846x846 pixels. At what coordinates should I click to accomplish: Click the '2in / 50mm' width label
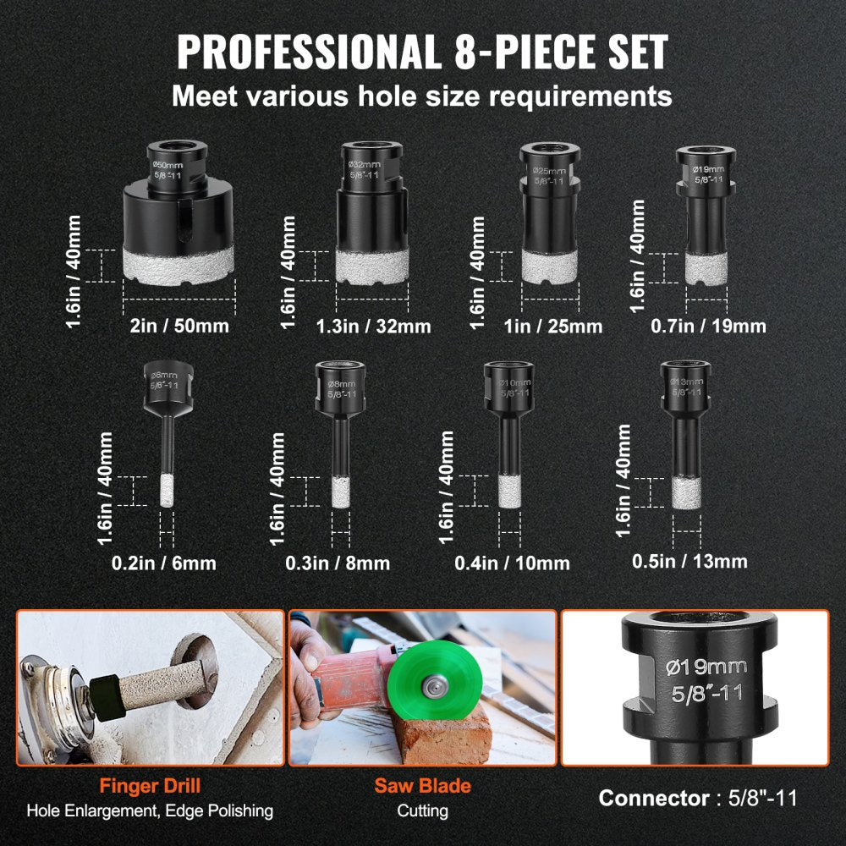178,325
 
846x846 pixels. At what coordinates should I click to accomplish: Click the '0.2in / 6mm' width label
166,563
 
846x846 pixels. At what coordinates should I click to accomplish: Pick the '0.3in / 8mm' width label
340,563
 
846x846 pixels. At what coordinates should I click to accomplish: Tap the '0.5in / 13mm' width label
689,561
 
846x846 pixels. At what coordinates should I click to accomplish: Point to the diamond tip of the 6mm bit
166,492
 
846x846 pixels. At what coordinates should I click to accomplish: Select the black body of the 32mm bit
371,211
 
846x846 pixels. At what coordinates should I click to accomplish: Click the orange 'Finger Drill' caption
150,785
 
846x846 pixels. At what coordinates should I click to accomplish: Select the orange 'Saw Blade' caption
422,785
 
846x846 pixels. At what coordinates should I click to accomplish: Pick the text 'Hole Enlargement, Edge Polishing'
150,811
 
